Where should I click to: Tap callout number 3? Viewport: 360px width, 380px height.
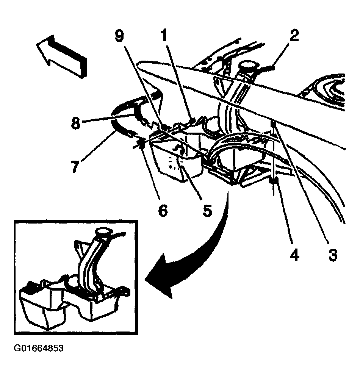click(333, 255)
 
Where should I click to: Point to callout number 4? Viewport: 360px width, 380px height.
click(294, 255)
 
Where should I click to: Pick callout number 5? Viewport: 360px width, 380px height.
click(207, 210)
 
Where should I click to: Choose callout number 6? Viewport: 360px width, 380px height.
click(163, 210)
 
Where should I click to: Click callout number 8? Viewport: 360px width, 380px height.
click(75, 123)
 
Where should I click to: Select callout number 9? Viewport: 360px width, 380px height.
click(119, 36)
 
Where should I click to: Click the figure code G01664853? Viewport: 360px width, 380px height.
click(39, 349)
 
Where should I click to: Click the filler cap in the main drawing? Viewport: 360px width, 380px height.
click(249, 67)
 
